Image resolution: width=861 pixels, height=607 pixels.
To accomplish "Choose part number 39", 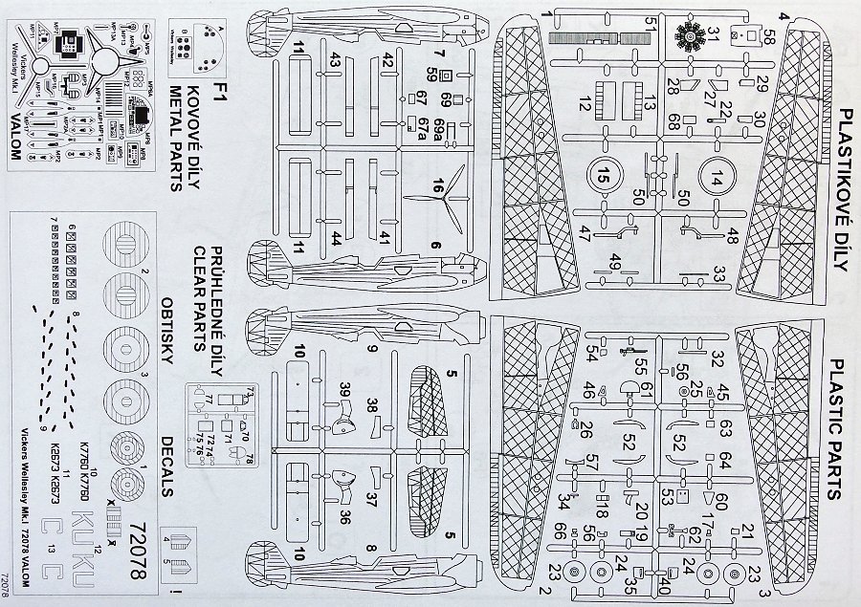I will (x=344, y=385).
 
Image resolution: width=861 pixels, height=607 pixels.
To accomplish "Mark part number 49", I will (x=614, y=266).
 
